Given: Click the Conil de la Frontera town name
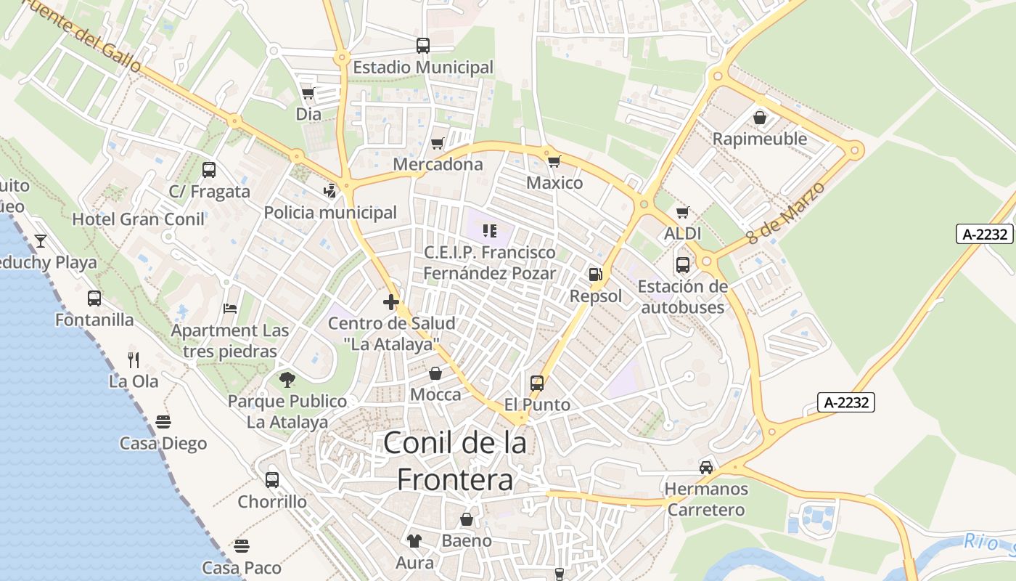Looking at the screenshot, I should (x=455, y=460).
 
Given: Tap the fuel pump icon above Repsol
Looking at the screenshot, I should (x=595, y=275).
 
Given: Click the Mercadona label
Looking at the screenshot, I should (x=438, y=165).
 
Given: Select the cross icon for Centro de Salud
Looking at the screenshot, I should (x=391, y=302).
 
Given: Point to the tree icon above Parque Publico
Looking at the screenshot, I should (x=287, y=379).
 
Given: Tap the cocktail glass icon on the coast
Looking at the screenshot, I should (x=41, y=240).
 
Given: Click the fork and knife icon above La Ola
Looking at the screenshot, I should (x=134, y=359).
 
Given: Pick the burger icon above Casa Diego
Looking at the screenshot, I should (x=163, y=422).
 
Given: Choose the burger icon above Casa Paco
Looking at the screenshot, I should (x=242, y=545).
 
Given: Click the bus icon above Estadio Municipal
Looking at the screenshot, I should (x=423, y=46).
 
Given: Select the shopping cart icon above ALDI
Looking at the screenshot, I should (x=682, y=213).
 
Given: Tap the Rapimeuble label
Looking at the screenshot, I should (x=759, y=139).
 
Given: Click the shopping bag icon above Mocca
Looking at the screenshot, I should (x=435, y=373).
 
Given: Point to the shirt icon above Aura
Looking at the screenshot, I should (x=414, y=540).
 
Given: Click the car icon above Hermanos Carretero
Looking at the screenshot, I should (x=705, y=467).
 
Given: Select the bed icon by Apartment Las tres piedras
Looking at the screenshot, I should (x=230, y=309).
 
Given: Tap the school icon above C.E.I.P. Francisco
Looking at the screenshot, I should (x=489, y=231).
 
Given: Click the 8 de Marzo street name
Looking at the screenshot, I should (x=786, y=213).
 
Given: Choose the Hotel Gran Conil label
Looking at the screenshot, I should (x=138, y=219).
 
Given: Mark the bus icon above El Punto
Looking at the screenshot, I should (x=537, y=383).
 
